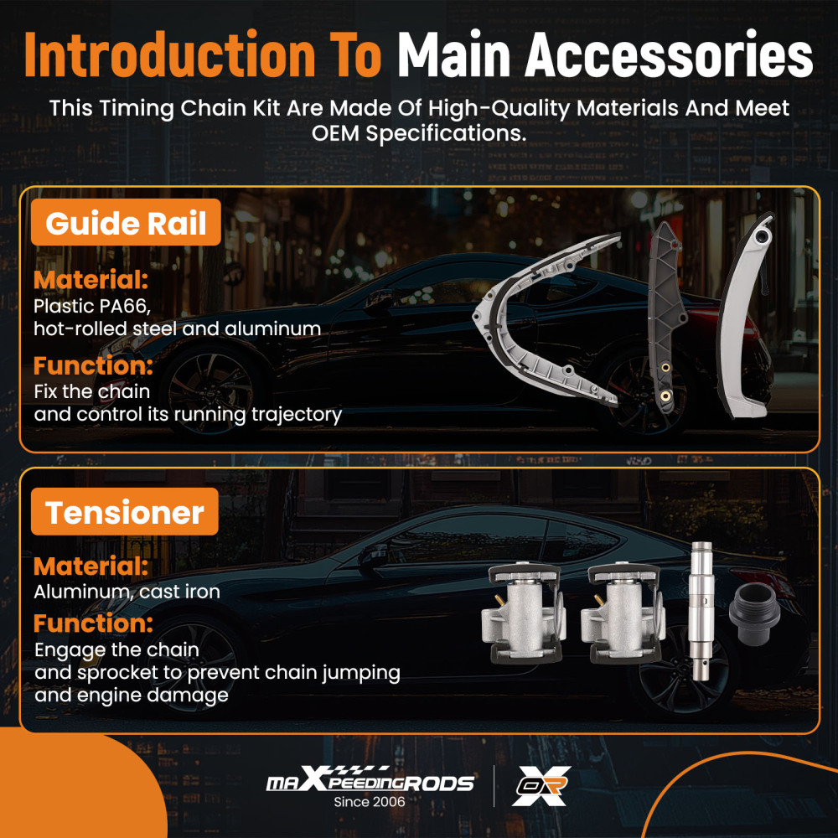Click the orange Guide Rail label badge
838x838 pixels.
(x=126, y=222)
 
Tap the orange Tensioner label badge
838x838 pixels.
(x=125, y=511)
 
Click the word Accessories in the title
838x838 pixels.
(x=669, y=55)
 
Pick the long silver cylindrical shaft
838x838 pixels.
(x=701, y=611)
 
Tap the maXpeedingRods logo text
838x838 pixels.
(x=370, y=779)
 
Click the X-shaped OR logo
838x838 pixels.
(x=541, y=786)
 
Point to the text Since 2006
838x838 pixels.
(x=370, y=802)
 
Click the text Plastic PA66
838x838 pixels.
(x=92, y=306)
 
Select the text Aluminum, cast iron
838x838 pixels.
(x=127, y=592)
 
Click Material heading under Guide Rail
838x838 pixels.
(x=91, y=280)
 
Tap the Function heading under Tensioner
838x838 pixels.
(x=93, y=623)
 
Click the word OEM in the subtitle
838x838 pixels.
(x=336, y=133)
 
